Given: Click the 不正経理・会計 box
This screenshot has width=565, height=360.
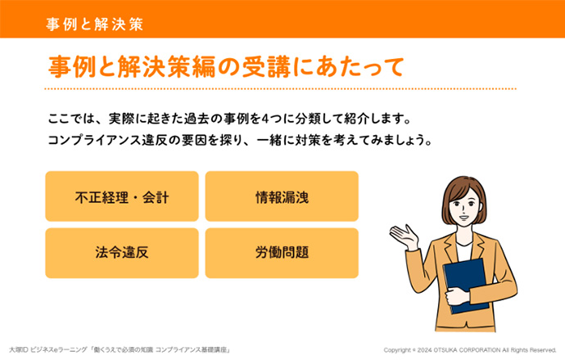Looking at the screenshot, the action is (122, 196).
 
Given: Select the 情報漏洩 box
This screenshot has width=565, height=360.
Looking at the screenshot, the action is (282, 196).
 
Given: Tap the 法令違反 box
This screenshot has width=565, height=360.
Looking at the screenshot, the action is (122, 253).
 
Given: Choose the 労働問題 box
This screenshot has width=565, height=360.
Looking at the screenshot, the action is (282, 253).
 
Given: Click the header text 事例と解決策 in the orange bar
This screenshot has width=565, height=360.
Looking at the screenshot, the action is (95, 24).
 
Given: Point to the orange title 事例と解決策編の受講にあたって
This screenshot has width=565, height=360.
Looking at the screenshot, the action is (226, 67).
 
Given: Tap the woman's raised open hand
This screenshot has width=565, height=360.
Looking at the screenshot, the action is (405, 236).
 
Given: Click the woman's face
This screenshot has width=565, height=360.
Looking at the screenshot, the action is (464, 207).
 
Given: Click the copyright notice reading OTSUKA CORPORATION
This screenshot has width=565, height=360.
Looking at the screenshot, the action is (469, 350).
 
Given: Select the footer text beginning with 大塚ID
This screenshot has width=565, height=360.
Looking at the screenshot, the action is (120, 349).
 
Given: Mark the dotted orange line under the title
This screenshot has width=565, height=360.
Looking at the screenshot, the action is (280, 88).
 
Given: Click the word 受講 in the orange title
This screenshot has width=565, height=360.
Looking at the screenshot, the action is (266, 67).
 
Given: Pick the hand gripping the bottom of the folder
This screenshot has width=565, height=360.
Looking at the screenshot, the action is (457, 296).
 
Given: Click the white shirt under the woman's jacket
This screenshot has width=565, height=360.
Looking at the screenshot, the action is (464, 251).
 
